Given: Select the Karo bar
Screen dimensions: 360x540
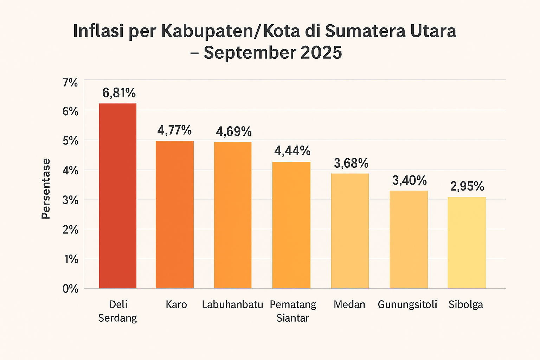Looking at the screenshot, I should click(175, 214).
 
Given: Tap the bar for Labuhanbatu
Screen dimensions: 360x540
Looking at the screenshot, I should click(233, 215).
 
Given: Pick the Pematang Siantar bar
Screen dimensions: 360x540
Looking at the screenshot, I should click(291, 225).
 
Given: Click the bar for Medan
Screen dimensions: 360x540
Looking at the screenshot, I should click(350, 231).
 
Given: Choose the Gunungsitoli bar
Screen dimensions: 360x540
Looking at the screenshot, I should click(409, 239).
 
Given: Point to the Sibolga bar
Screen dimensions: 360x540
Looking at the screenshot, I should click(467, 243).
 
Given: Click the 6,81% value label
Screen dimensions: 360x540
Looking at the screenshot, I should click(119, 93).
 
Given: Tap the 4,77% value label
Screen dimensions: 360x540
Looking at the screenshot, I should click(175, 130).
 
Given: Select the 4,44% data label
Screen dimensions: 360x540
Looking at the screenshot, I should click(292, 151).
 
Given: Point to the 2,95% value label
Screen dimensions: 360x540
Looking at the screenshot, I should click(467, 186).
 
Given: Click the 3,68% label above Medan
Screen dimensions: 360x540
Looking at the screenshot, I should click(351, 163).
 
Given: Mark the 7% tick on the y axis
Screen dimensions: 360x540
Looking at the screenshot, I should click(70, 83).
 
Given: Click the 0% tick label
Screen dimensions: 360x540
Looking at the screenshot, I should click(70, 289).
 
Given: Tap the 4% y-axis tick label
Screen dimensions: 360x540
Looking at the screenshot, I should click(70, 170).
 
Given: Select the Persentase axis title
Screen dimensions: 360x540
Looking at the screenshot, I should click(46, 189).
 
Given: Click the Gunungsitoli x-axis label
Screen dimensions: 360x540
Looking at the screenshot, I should click(407, 304).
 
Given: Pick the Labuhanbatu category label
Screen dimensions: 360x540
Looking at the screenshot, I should click(232, 304).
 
